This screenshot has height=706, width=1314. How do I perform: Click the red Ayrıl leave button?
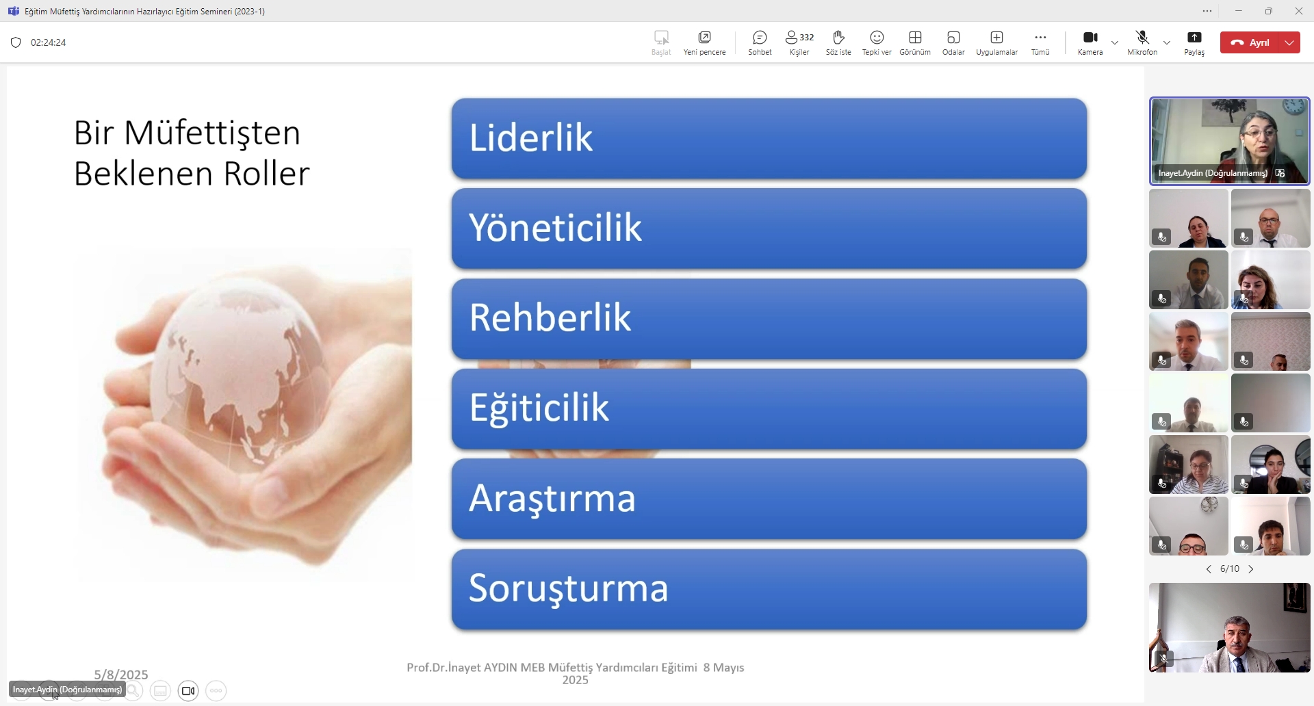click(x=1250, y=42)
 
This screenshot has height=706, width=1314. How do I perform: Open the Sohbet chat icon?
click(x=760, y=37)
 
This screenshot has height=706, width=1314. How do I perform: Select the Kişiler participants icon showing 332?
click(x=799, y=37)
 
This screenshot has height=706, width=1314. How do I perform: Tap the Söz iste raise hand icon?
click(x=838, y=37)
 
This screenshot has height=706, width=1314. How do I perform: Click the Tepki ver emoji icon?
click(x=877, y=37)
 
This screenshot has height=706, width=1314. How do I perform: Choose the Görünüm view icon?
click(x=915, y=37)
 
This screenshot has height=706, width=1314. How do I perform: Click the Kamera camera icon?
click(x=1090, y=37)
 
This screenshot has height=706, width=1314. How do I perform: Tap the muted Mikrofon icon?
click(x=1142, y=37)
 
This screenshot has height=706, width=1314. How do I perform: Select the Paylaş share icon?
click(x=1194, y=37)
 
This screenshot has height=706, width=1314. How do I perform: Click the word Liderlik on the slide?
click(x=531, y=138)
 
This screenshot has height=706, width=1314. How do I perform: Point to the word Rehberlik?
click(x=550, y=317)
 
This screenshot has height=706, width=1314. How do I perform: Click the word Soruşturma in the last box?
click(x=568, y=588)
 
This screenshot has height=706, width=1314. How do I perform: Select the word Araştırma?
click(x=552, y=498)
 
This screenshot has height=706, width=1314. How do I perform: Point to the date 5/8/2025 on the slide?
click(x=121, y=675)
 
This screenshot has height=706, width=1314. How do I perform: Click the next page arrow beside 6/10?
click(x=1251, y=569)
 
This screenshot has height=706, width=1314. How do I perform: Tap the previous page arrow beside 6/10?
click(x=1209, y=569)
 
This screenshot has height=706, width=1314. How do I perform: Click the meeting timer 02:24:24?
click(x=49, y=42)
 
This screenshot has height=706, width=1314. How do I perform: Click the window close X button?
click(x=1299, y=11)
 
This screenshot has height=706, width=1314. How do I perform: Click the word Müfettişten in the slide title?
click(x=212, y=133)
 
